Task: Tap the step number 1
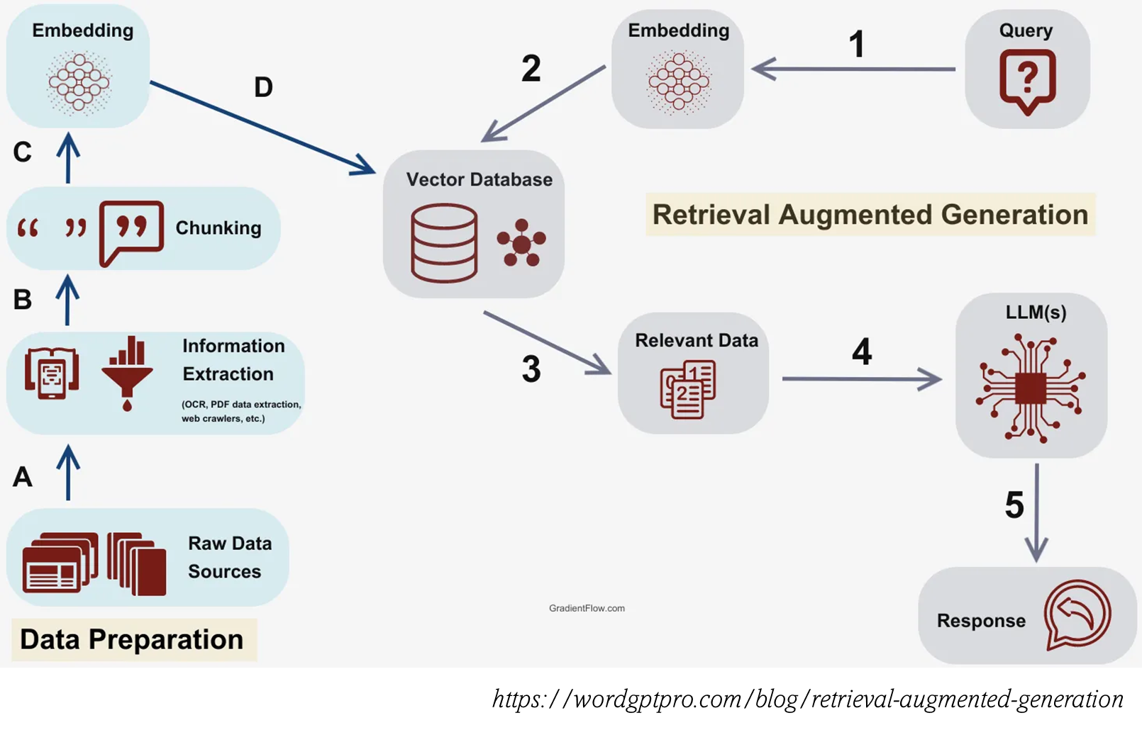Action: coord(857,44)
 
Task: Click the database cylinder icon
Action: coord(444,243)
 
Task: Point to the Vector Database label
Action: coord(479,179)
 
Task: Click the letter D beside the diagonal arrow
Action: coord(263,87)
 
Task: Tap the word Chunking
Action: coord(218,228)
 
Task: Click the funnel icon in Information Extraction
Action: coord(127,373)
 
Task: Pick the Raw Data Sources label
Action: coord(229,557)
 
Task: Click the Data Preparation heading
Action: coord(132,639)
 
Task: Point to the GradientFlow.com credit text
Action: coord(587,608)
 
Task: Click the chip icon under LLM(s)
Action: coord(1031,388)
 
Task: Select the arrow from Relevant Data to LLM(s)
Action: coord(862,379)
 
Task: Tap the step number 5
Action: coord(1014,505)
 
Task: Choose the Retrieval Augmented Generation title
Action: coord(870,214)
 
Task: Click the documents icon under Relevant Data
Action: coord(687,389)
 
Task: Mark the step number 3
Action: coord(531,369)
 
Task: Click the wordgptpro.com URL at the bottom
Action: coord(807,699)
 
